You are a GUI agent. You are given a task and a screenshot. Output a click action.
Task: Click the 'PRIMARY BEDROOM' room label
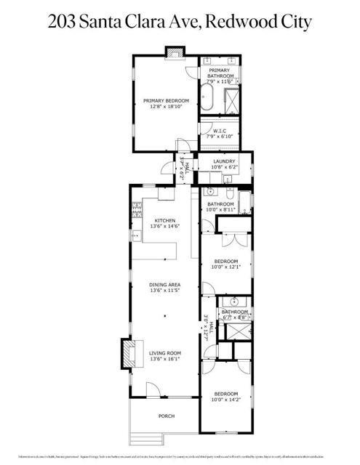161,101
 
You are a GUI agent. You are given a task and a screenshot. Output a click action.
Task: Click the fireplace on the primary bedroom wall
174,52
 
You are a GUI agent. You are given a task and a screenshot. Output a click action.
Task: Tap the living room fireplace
125,355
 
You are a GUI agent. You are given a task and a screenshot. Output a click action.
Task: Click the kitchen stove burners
135,212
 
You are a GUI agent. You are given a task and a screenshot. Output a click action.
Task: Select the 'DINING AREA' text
165,284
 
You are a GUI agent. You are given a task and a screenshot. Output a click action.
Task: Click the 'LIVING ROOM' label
165,353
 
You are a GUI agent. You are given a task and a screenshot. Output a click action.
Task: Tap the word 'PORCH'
167,416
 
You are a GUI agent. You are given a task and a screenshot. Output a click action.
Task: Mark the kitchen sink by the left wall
135,236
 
